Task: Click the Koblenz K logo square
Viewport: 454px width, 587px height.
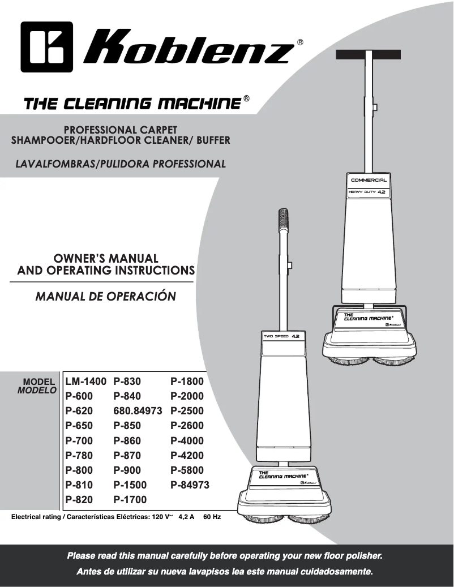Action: coord(46,47)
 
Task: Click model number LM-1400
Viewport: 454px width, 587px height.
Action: coord(85,382)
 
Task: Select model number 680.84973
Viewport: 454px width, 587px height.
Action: coord(138,411)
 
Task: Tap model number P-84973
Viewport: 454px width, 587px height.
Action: coord(190,485)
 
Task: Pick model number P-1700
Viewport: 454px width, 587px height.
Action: coord(130,500)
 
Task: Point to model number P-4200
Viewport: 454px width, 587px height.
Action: coord(187,456)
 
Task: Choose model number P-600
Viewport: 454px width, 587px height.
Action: coord(79,396)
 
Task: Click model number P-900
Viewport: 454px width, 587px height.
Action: coord(127,470)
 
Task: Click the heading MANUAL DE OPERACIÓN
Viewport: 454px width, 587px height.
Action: coord(105,297)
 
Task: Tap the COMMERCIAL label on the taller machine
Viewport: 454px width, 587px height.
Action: coord(369,180)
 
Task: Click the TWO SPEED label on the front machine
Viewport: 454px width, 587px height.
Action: coord(276,336)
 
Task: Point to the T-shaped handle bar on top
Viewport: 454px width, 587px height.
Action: coord(369,55)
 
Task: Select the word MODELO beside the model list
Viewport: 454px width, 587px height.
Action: coord(37,391)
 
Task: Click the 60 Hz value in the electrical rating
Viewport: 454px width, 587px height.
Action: coord(212,517)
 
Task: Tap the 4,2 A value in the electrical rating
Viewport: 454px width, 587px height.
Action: coord(186,517)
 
